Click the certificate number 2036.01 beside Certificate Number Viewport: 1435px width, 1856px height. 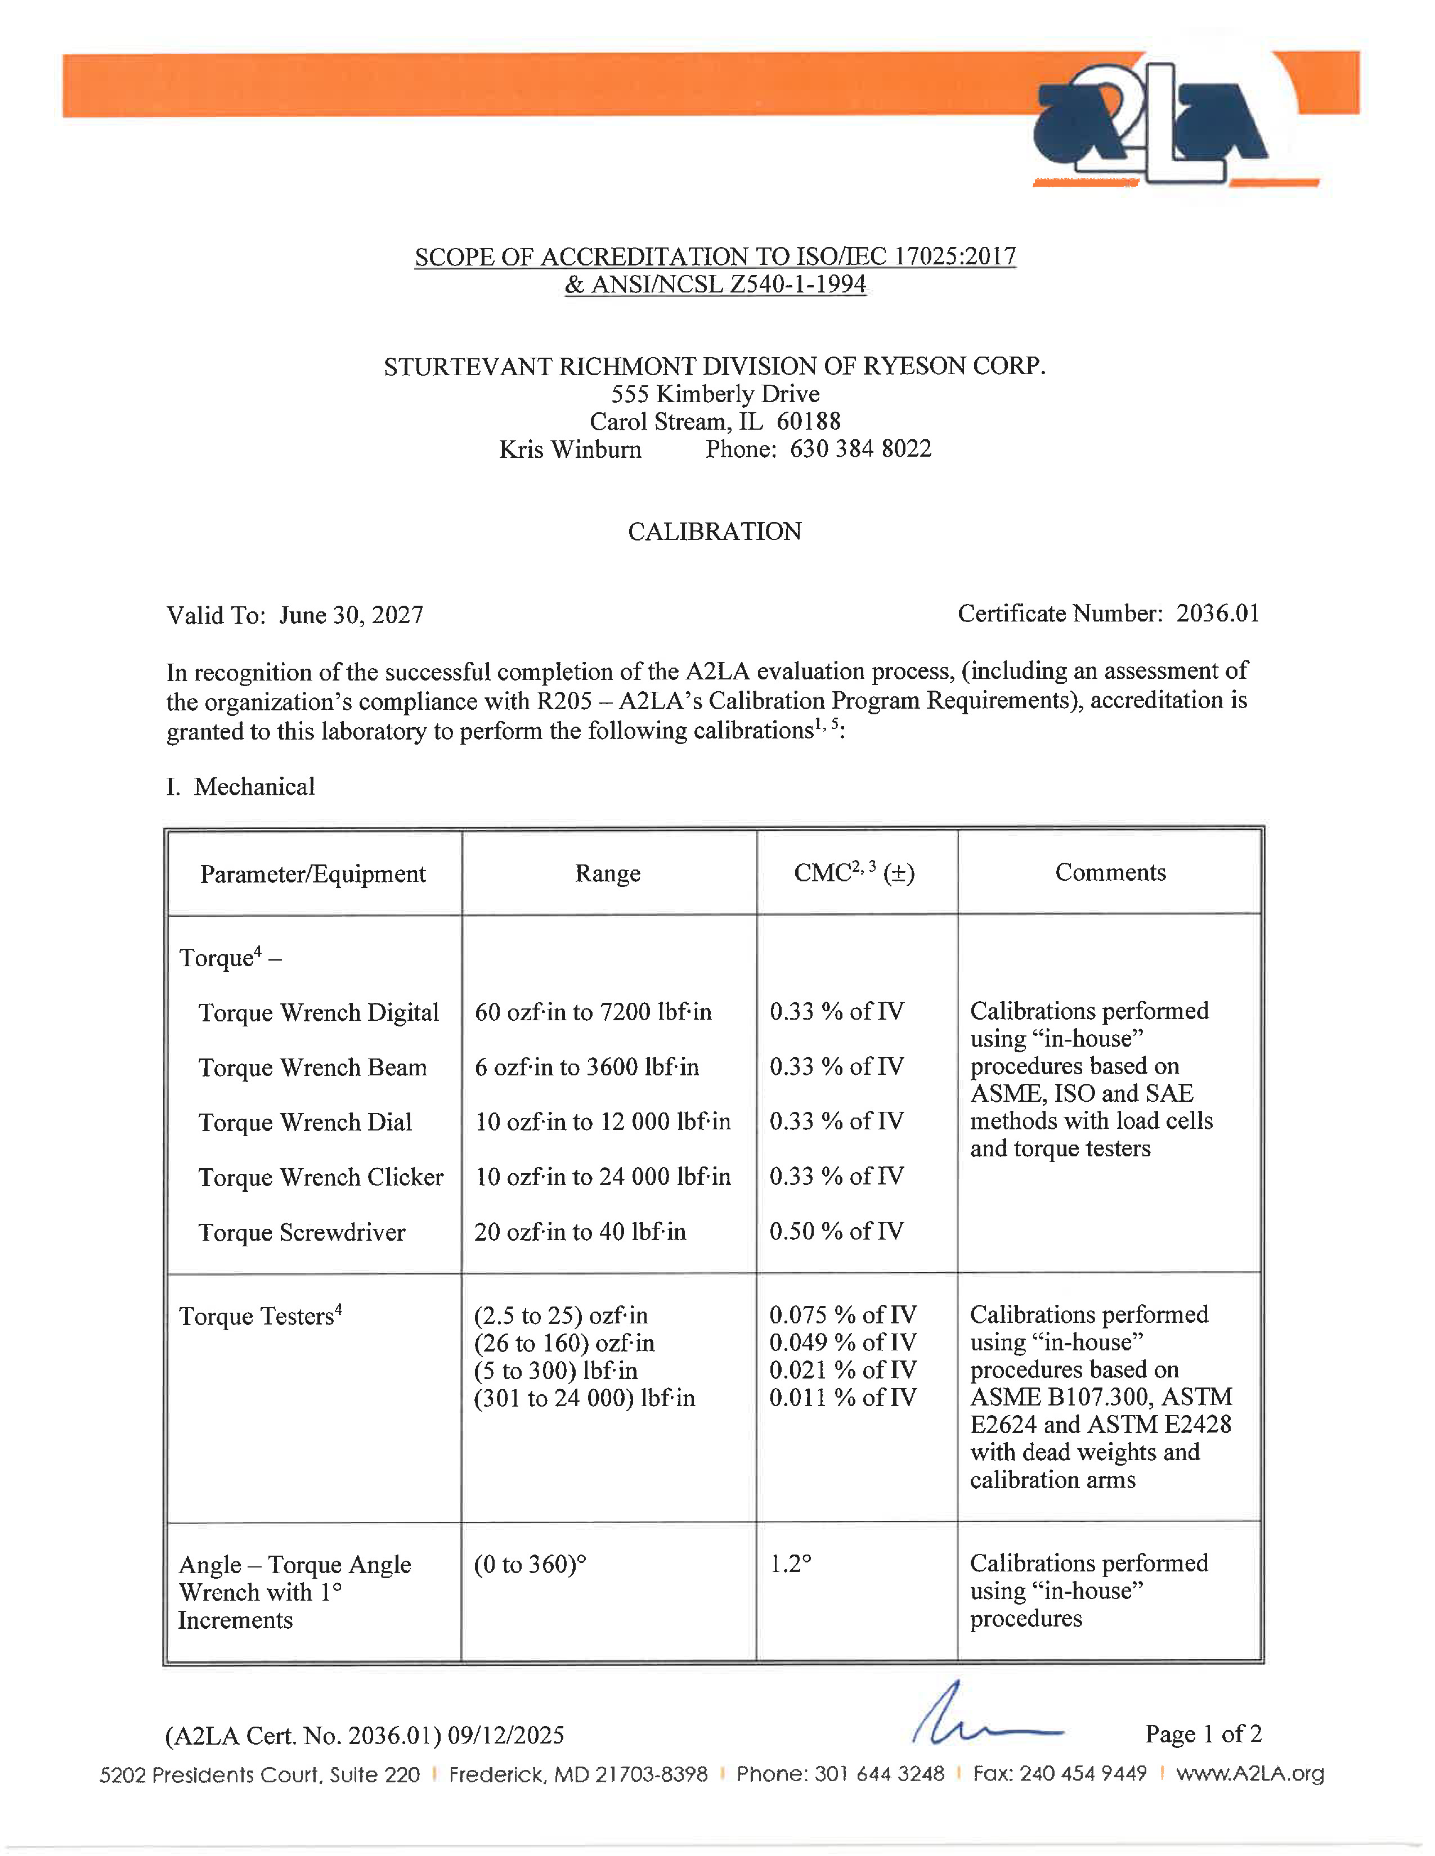(x=1217, y=614)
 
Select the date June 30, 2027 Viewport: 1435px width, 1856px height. (x=351, y=615)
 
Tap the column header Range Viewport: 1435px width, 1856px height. (x=607, y=873)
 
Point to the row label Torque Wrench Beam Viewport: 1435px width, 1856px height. (x=312, y=1067)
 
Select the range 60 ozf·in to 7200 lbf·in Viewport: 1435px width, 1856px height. (x=593, y=1012)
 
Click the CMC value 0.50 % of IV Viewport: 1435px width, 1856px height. (x=836, y=1231)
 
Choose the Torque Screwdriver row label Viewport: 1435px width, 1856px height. (x=302, y=1232)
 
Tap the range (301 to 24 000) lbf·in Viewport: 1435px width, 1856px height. (x=584, y=1398)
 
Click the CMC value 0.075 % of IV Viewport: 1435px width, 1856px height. (x=842, y=1316)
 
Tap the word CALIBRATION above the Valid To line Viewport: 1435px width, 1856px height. (x=714, y=532)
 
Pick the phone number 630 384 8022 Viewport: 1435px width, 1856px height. (x=860, y=449)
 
